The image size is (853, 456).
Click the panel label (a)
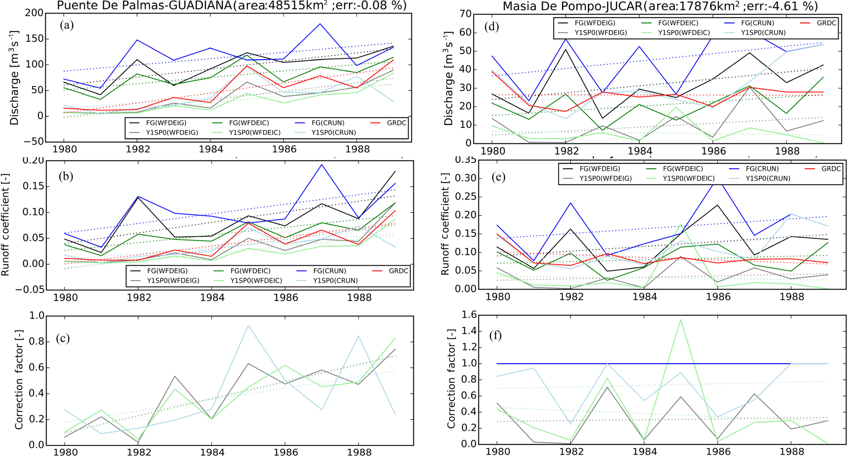pos(67,26)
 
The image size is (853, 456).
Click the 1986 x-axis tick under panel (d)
pos(714,151)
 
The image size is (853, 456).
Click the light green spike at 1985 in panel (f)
pos(681,320)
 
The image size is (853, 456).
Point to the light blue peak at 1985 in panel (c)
pos(248,325)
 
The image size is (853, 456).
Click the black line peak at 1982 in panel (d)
pos(566,49)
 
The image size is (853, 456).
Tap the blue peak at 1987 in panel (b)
pos(321,165)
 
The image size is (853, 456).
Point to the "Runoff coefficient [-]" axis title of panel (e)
pos(445,224)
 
